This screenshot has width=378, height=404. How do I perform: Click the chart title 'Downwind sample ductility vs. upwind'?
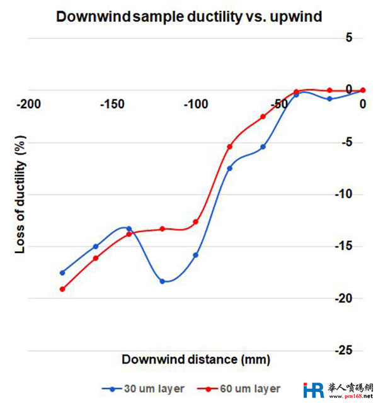point(189,17)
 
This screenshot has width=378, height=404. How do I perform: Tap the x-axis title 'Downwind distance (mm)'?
point(196,360)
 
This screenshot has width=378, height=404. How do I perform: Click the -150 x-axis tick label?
point(112,104)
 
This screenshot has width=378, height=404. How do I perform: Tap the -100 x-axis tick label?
point(196,104)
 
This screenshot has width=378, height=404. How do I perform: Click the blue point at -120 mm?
point(163,281)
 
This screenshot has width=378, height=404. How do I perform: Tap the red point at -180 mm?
point(62,289)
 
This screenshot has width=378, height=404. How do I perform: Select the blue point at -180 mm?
point(62,272)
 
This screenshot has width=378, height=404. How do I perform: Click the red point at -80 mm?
point(229,147)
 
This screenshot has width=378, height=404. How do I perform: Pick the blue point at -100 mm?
point(196,255)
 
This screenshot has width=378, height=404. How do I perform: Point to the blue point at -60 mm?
point(263,147)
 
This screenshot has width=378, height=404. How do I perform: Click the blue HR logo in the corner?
point(313,390)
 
